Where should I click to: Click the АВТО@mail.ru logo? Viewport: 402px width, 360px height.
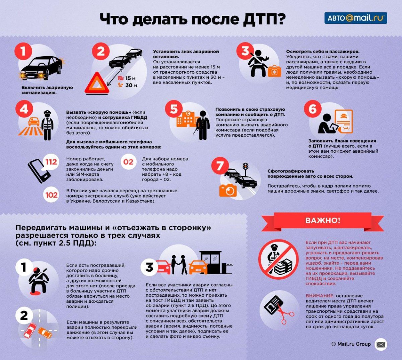tap(355, 18)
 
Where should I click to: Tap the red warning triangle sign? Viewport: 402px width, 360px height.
tap(96, 83)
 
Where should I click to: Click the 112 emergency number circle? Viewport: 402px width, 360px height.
tap(51, 162)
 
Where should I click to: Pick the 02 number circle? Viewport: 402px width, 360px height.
tap(128, 162)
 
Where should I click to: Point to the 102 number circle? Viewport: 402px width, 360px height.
tap(51, 195)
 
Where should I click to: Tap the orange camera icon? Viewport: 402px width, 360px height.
tap(228, 190)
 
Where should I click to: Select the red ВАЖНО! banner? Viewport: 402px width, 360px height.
tap(322, 220)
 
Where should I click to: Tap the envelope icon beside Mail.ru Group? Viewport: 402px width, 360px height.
tap(381, 344)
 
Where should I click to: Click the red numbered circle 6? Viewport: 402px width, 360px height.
tap(312, 109)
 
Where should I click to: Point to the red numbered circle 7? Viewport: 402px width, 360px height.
tap(220, 166)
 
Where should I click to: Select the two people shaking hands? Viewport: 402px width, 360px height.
tap(178, 264)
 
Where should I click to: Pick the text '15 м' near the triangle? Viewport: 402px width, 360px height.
tap(130, 78)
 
